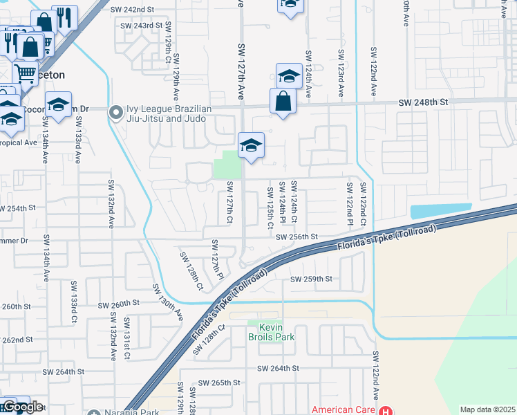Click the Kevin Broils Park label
(272, 332)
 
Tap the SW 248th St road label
(423, 102)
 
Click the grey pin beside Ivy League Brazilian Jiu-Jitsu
(115, 111)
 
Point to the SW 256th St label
(296, 237)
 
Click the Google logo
(22, 407)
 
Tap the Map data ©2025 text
(487, 409)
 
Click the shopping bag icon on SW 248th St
(283, 101)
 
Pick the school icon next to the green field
(252, 145)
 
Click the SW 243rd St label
(141, 25)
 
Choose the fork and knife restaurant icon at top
(64, 18)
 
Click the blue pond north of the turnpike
(441, 211)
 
